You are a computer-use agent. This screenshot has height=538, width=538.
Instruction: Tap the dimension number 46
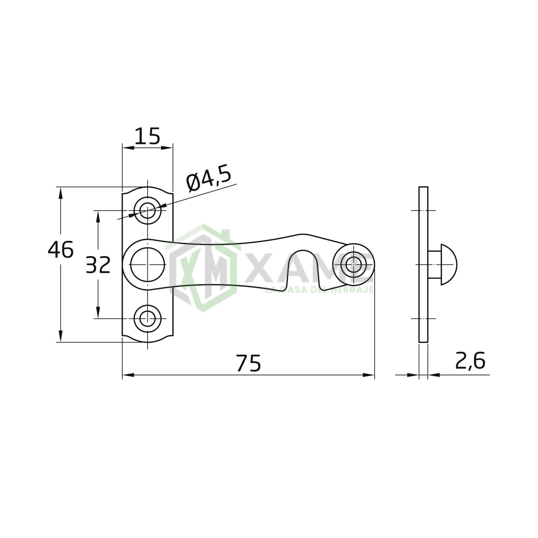tap(61, 250)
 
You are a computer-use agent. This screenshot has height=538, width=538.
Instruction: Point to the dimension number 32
tap(98, 264)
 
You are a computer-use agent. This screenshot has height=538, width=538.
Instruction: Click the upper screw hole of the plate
tap(147, 211)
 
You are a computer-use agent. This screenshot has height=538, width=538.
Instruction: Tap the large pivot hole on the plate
tap(147, 265)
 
